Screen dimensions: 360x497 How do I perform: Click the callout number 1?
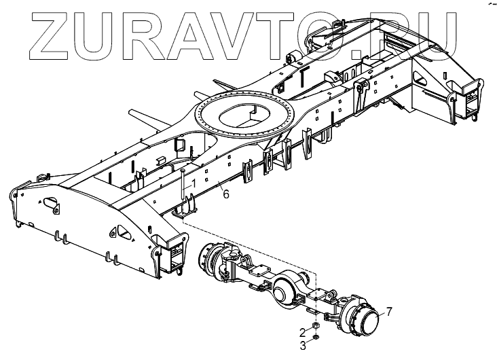[x=193, y=183]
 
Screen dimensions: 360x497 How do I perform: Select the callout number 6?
[x=226, y=194]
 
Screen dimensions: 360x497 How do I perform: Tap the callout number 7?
[x=390, y=312]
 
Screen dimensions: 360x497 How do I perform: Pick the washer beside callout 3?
[x=316, y=337]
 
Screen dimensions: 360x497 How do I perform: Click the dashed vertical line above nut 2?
[x=315, y=299]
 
